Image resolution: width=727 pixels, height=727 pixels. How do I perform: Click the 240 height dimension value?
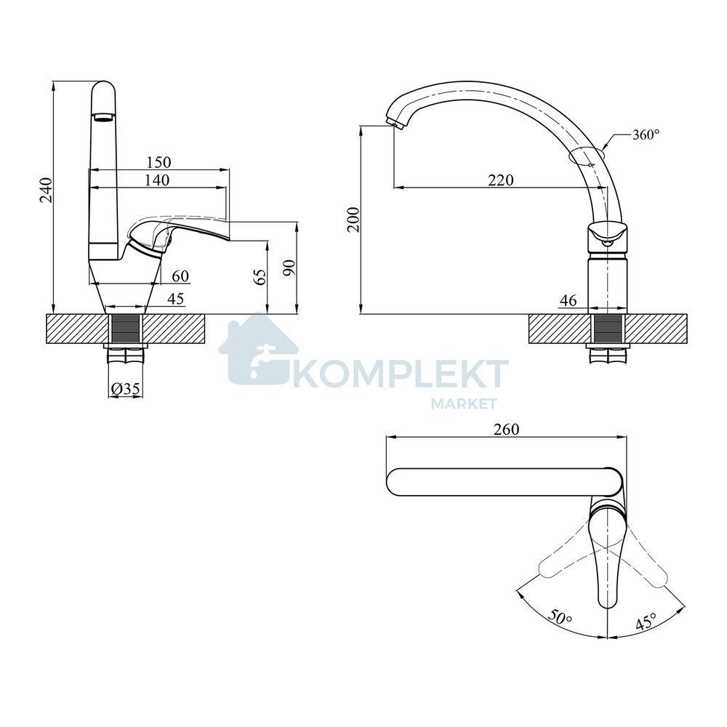tap(47, 190)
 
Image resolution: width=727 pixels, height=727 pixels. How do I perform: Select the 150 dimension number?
tap(158, 162)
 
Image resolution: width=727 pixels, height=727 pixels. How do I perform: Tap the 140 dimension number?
tap(157, 180)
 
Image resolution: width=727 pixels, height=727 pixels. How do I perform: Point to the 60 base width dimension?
tap(180, 276)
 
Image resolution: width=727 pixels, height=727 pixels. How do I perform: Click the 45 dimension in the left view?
tap(175, 299)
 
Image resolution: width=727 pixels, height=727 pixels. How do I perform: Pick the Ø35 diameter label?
tap(126, 388)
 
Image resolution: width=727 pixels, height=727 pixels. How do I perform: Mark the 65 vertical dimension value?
tap(261, 277)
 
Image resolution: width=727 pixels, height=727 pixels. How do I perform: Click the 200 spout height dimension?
tap(354, 220)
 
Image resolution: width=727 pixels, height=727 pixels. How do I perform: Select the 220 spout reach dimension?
tap(501, 180)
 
